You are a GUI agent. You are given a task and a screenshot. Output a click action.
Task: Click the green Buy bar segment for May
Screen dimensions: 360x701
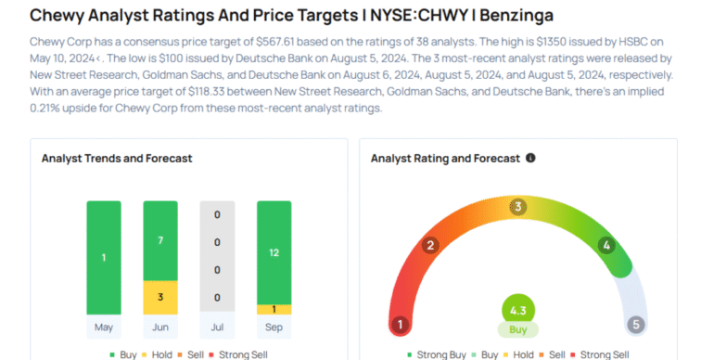tap(104, 257)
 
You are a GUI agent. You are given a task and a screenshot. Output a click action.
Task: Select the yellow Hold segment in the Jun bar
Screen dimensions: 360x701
tap(160, 298)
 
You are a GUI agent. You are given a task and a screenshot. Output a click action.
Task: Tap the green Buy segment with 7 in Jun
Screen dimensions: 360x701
tap(160, 241)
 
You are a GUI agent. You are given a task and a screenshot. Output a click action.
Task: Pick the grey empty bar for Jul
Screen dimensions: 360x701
tap(217, 257)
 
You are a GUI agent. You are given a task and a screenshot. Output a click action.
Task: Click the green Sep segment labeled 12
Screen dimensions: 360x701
tap(274, 251)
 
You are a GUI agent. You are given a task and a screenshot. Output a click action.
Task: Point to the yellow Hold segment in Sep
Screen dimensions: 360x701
tap(274, 309)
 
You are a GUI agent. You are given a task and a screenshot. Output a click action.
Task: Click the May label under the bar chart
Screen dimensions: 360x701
tap(104, 328)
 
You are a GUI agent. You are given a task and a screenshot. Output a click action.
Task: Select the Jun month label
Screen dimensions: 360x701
tap(160, 328)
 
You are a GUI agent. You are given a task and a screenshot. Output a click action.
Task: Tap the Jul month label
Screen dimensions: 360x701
tap(217, 328)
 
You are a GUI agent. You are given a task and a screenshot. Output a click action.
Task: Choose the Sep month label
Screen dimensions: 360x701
tap(274, 328)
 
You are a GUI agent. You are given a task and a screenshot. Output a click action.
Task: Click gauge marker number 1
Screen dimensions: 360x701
tap(401, 325)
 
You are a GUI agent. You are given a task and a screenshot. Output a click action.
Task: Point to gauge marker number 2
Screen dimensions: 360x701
tap(430, 246)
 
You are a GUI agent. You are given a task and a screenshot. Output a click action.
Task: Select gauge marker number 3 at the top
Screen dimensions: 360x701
tap(519, 206)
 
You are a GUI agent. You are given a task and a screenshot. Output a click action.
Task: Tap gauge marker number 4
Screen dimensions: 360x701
tap(606, 246)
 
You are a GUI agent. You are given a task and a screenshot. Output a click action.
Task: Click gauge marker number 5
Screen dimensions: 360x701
tap(635, 325)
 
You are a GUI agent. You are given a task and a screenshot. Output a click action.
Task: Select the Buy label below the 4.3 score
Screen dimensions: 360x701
tap(518, 329)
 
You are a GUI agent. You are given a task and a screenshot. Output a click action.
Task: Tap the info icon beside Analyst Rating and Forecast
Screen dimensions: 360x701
tap(530, 159)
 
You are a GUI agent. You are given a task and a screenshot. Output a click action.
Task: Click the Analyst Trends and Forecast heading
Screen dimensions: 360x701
tap(117, 159)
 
